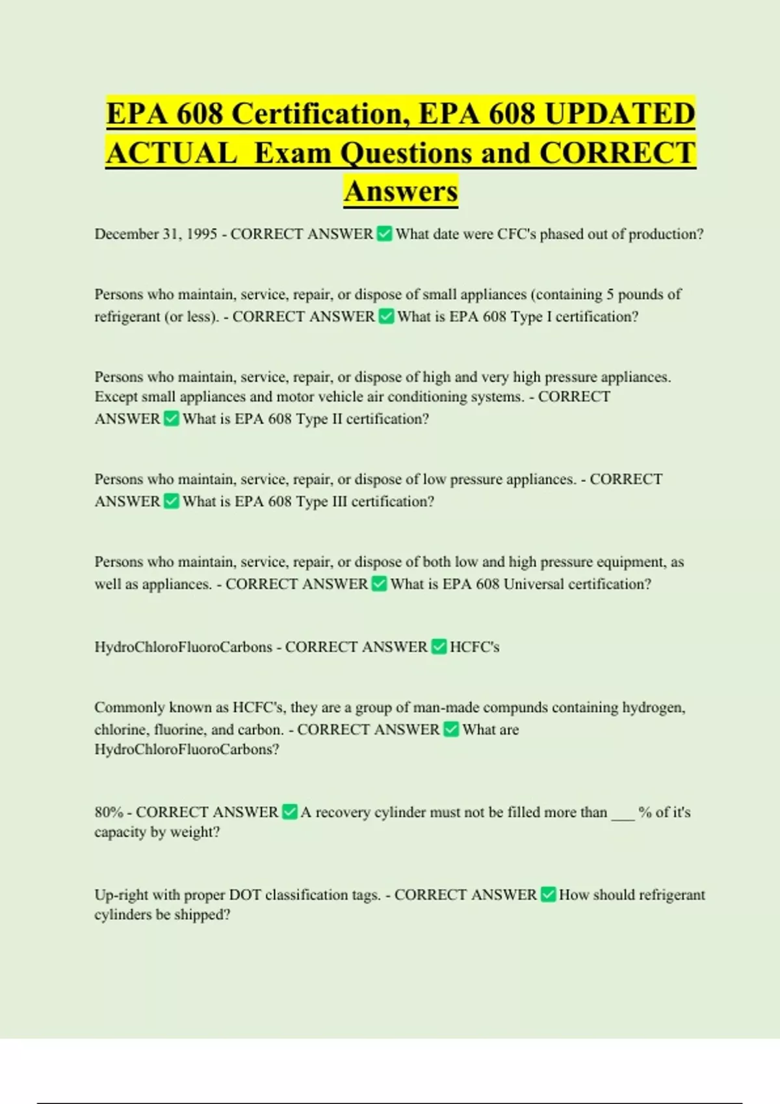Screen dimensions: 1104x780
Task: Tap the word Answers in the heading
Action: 401,191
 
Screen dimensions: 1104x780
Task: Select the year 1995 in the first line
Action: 201,234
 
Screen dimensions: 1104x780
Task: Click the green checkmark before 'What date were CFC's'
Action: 385,234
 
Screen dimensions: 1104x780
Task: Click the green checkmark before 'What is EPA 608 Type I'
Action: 387,316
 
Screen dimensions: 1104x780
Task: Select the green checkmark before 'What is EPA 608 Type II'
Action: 172,419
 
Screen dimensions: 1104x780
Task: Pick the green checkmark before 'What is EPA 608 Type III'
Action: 172,501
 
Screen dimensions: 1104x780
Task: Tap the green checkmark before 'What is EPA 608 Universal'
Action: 380,584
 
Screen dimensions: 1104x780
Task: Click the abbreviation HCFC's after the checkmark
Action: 474,647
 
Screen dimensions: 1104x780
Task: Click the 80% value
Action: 109,812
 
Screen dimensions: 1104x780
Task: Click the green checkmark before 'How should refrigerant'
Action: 549,895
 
